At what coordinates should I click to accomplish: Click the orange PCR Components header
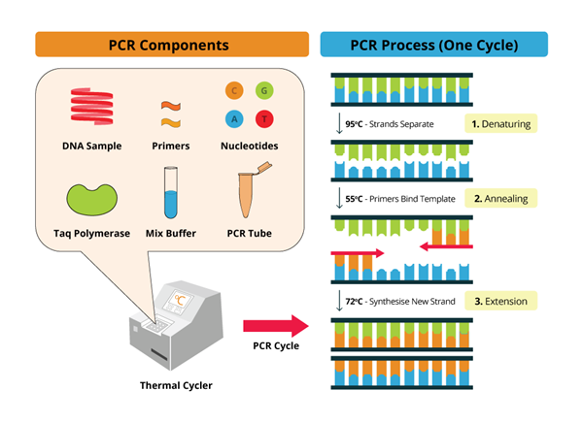pyautogui.click(x=166, y=45)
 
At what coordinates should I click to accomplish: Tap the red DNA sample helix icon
pyautogui.click(x=95, y=107)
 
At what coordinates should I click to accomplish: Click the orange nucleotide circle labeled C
pyautogui.click(x=233, y=91)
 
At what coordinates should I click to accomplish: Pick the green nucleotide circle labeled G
pyautogui.click(x=263, y=91)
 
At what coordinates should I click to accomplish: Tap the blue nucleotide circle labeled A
pyautogui.click(x=233, y=118)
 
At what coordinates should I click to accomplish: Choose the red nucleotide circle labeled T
pyautogui.click(x=263, y=118)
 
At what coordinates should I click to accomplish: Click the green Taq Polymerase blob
pyautogui.click(x=94, y=198)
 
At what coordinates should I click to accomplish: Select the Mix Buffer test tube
pyautogui.click(x=171, y=193)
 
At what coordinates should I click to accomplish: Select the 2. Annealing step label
pyautogui.click(x=498, y=199)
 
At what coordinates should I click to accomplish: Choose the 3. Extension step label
pyautogui.click(x=498, y=301)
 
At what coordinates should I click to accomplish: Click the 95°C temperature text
pyautogui.click(x=357, y=125)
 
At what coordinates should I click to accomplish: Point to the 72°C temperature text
pyautogui.click(x=357, y=302)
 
